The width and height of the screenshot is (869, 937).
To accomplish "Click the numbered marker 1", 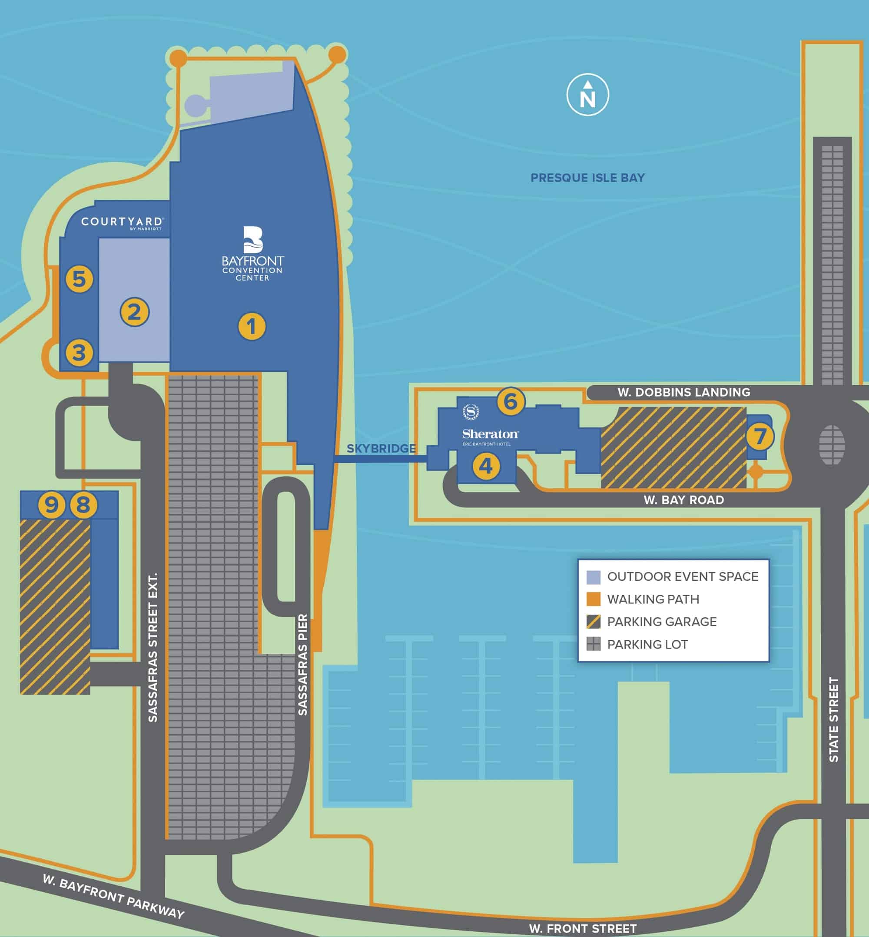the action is point(252,326).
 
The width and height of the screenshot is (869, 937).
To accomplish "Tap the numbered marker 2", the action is point(135,312).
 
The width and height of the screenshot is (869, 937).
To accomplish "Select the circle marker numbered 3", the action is point(79,353).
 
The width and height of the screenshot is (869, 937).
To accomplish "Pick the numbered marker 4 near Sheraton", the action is point(486,467).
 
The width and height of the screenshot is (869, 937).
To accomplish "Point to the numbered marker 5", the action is point(79,279).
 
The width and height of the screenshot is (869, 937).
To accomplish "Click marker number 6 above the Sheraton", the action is point(511,401).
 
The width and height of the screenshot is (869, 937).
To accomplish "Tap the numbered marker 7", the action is point(760,436).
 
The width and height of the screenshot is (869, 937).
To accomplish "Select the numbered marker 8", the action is point(83,505).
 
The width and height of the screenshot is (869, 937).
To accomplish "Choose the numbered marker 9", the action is point(51,505).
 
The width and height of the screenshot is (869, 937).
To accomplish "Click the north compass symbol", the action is point(587,95).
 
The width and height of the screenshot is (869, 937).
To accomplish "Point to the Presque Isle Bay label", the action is point(587,178).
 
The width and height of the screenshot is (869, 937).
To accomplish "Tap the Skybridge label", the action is point(381,449).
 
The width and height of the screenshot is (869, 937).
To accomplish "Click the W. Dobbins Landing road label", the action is point(684,392).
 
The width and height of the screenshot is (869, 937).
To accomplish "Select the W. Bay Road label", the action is point(684,500).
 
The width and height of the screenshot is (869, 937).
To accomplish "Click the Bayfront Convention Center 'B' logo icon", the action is point(253,240).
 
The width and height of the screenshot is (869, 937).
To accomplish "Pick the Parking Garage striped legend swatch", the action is point(594,622).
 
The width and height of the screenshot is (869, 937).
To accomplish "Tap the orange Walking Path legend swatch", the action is point(594,599).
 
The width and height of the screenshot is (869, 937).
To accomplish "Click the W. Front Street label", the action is point(583,929).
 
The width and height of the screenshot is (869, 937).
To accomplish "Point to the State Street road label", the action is point(833,719).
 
